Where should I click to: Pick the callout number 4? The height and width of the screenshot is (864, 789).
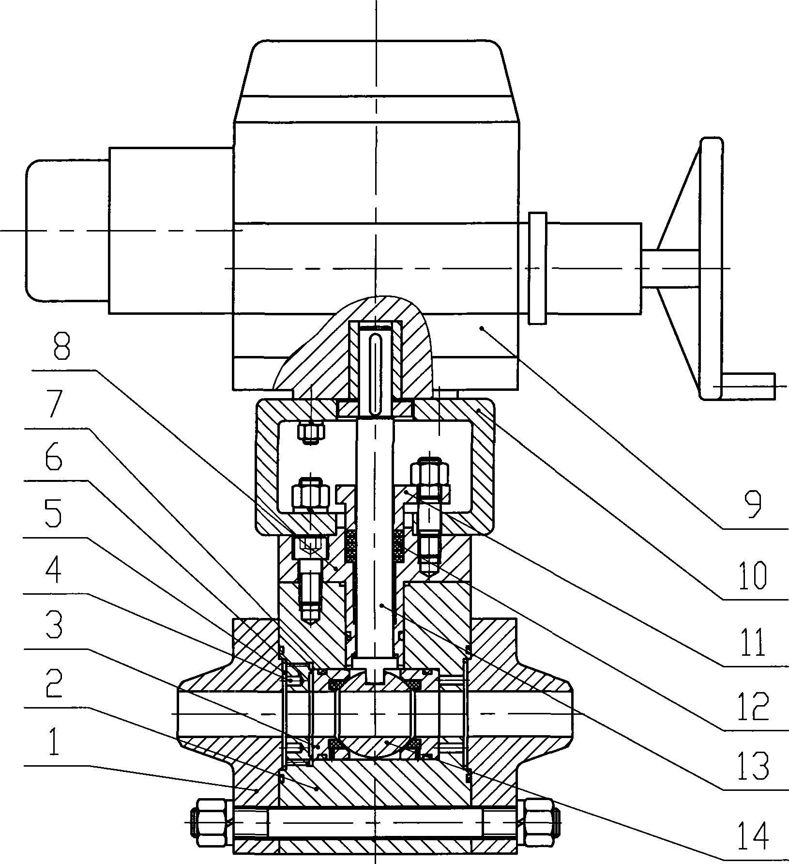pyautogui.click(x=53, y=570)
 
